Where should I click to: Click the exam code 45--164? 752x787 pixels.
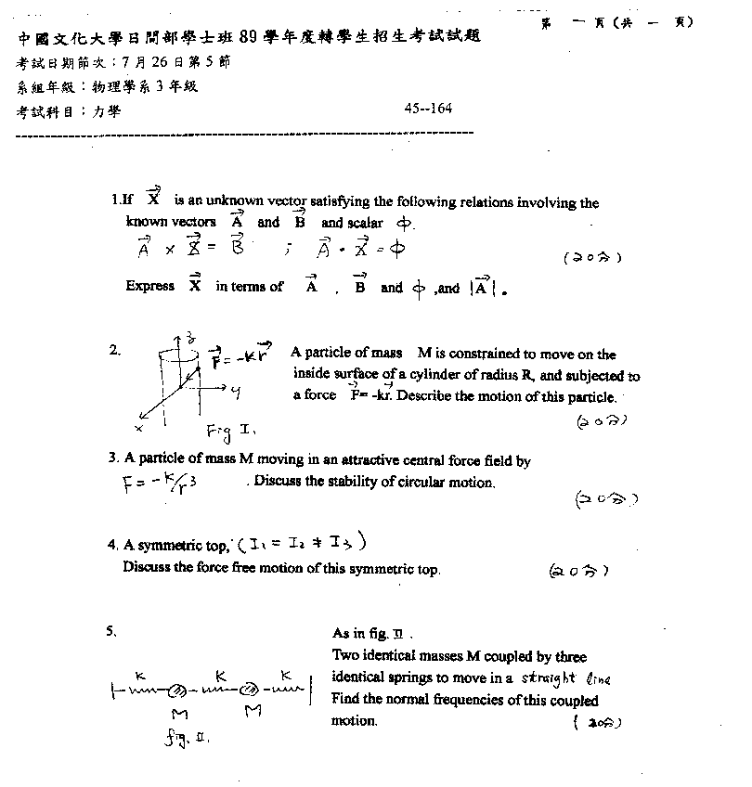point(428,109)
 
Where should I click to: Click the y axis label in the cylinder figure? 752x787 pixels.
point(236,393)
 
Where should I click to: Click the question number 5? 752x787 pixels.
point(111,631)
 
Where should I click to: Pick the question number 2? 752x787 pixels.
point(114,350)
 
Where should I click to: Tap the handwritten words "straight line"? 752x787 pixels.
point(567,677)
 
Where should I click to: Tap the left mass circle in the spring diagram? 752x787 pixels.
point(174,690)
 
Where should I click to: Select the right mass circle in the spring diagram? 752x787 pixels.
point(249,690)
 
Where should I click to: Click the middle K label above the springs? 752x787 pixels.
point(218,672)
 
